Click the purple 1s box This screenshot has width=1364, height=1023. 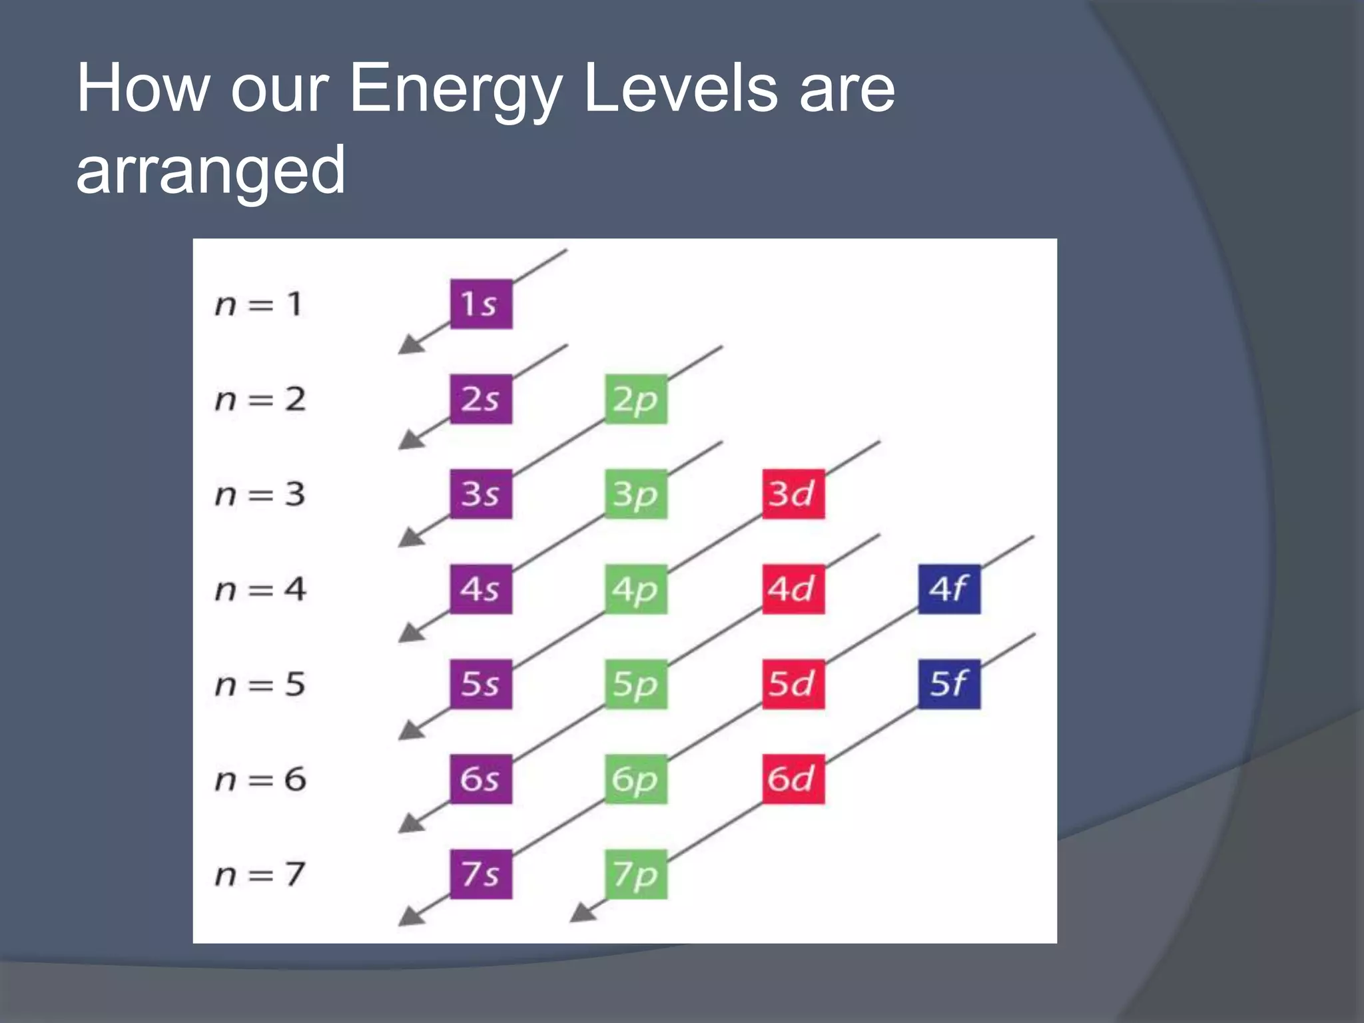tap(481, 304)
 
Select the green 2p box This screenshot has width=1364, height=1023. tap(636, 399)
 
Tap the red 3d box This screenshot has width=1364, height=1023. tap(793, 494)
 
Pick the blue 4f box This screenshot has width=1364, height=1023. tap(948, 589)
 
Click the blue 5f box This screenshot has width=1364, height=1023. tap(948, 684)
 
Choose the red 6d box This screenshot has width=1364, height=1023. tap(793, 779)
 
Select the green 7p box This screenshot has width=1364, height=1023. tap(636, 874)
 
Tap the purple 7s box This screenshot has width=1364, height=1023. tap(481, 874)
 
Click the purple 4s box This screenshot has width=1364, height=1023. tap(481, 589)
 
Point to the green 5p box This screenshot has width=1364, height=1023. tap(636, 684)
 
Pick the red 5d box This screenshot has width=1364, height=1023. tap(793, 684)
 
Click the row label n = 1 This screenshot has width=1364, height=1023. tap(259, 304)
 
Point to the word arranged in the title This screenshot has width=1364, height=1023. tap(210, 171)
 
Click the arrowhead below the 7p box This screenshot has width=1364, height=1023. tap(583, 913)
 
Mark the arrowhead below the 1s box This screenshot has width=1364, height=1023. tap(410, 345)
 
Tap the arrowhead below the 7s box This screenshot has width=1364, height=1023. tap(410, 917)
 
